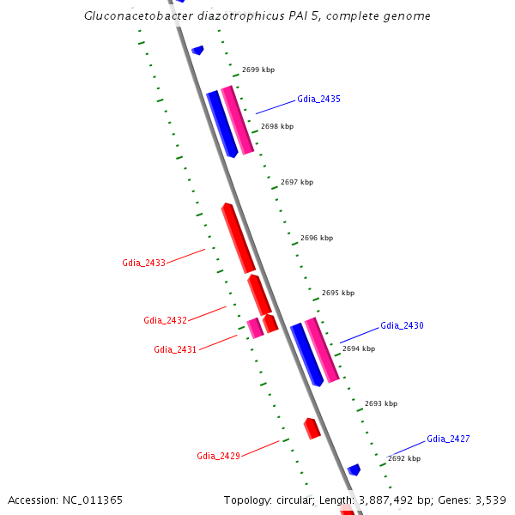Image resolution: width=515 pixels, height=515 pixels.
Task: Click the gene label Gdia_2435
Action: click(318, 100)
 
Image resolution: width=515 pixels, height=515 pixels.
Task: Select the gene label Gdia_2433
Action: click(143, 263)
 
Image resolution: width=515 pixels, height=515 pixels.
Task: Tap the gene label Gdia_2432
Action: click(165, 321)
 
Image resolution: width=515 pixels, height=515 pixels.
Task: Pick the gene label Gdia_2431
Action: click(175, 350)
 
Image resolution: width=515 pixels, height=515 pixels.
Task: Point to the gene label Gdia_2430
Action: click(402, 326)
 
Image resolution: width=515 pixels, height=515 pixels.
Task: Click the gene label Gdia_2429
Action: click(218, 457)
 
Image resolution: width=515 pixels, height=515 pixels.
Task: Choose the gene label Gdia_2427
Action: click(448, 439)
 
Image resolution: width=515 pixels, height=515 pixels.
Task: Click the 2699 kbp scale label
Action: click(258, 70)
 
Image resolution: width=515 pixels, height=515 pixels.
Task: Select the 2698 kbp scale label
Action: click(277, 126)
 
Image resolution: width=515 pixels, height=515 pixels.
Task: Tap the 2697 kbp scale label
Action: click(297, 182)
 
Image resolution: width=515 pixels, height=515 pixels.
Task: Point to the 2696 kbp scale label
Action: click(317, 238)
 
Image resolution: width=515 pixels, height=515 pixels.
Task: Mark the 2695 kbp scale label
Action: click(338, 293)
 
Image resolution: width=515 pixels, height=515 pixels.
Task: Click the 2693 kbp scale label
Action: click(381, 403)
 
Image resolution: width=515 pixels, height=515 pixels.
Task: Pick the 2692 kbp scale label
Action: click(404, 458)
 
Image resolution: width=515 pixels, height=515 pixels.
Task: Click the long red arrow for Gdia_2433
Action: click(238, 238)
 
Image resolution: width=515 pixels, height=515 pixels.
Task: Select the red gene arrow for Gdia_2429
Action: click(312, 428)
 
